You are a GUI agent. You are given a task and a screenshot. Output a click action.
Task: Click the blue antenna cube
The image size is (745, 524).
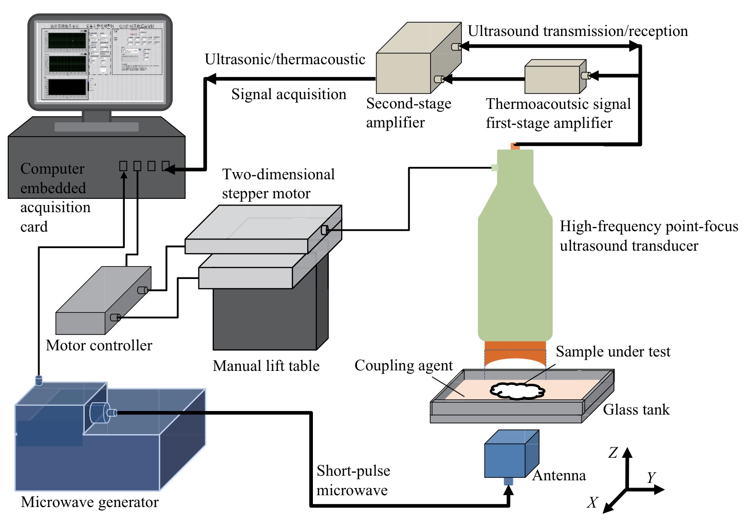[x=509, y=455]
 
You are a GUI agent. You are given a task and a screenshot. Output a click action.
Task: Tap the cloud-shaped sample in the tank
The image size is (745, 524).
[x=517, y=390]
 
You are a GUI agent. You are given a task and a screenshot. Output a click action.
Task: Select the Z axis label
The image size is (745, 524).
[x=613, y=453]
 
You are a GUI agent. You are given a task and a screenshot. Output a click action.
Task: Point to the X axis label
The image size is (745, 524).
[x=592, y=502]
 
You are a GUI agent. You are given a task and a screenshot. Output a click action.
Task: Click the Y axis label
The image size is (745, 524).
[x=651, y=478]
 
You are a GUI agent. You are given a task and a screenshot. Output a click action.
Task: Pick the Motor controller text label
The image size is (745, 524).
[x=99, y=345]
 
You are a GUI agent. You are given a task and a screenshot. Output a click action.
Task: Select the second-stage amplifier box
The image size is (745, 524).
[x=416, y=62]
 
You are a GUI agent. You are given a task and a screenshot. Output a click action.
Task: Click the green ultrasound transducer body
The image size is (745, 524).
[x=515, y=257]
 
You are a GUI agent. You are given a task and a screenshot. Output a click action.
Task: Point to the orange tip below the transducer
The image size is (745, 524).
[x=515, y=353]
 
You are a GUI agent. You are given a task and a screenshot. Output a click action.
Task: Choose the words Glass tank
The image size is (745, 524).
[x=636, y=409]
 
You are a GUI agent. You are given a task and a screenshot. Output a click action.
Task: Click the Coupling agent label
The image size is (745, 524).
[x=403, y=365]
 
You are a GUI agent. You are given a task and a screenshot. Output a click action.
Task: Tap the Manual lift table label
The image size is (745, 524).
[x=266, y=366]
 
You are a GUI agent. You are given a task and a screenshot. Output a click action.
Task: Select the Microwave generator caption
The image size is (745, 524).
[x=90, y=502]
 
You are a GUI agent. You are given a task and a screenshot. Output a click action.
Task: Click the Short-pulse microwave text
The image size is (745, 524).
[x=353, y=480]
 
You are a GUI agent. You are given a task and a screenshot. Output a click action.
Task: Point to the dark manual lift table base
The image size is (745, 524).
[x=265, y=319]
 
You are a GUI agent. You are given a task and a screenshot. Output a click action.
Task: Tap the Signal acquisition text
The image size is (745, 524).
[x=288, y=94]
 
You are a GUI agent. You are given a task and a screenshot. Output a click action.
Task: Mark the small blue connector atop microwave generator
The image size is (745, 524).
[x=38, y=380]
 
